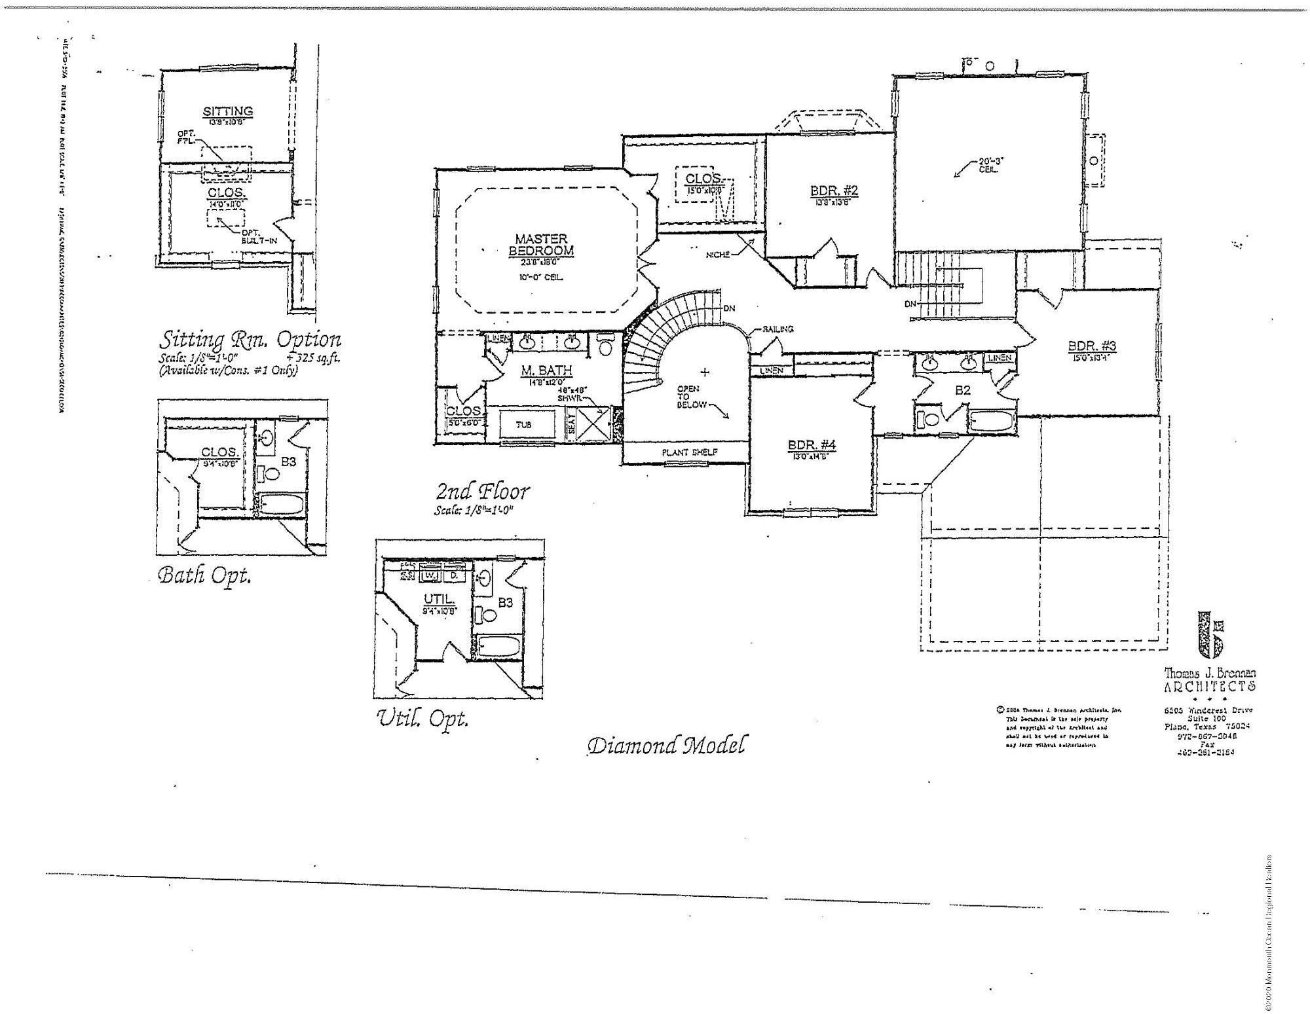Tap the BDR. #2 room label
click(834, 191)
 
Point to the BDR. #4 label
click(812, 446)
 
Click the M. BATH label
click(546, 371)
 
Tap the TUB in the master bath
click(523, 424)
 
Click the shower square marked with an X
click(593, 424)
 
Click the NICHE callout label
click(717, 255)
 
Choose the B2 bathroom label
click(962, 391)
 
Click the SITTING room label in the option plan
click(227, 112)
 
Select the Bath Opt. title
click(204, 575)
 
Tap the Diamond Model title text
click(665, 745)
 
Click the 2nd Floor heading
click(483, 491)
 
